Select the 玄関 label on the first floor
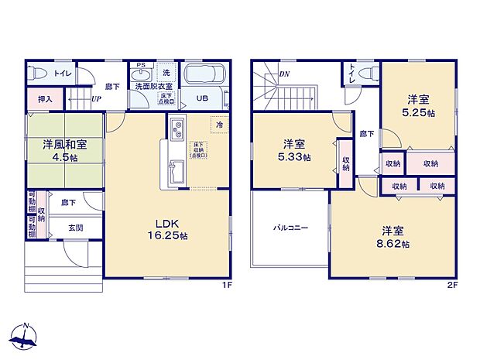coord(75,227)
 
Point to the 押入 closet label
coord(45,99)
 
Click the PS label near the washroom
coord(141,65)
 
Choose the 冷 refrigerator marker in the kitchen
coord(220,125)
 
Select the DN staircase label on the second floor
coord(283,74)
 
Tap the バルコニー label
coord(290,228)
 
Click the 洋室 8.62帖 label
coord(395,237)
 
